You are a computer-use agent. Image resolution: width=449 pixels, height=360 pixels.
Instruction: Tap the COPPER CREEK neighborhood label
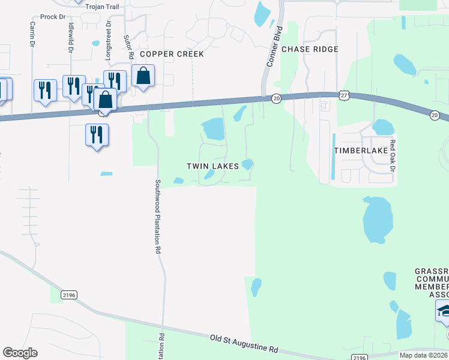(x=172, y=54)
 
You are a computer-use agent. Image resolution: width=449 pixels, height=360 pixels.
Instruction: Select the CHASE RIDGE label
(x=310, y=49)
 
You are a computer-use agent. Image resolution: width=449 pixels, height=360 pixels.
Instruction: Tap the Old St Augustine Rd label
(x=245, y=343)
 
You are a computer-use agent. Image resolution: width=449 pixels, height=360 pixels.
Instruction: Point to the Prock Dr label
(x=53, y=17)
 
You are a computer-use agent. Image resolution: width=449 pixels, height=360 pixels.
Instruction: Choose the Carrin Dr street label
(x=32, y=35)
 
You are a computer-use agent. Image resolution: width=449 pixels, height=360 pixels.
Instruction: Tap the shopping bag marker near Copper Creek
(x=143, y=76)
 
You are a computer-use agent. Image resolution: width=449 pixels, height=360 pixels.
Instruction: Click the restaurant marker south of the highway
(x=97, y=135)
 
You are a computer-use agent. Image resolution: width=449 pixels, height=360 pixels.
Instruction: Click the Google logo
(x=20, y=353)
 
